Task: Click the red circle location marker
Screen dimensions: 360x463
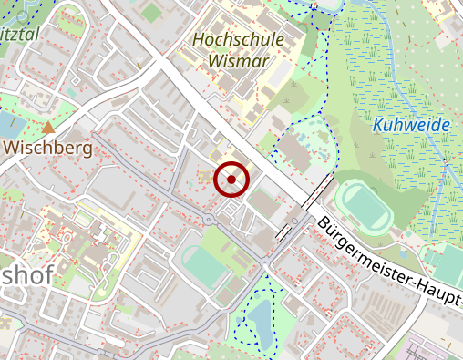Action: pyautogui.click(x=231, y=180)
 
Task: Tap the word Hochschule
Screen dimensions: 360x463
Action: pyautogui.click(x=239, y=41)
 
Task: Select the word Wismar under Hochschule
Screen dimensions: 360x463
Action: pyautogui.click(x=239, y=61)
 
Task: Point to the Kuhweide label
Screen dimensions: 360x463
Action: pyautogui.click(x=411, y=125)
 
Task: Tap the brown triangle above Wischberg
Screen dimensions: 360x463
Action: pyautogui.click(x=47, y=127)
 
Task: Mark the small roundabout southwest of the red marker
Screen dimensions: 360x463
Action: pyautogui.click(x=211, y=220)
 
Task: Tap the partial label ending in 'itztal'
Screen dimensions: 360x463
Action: pyautogui.click(x=22, y=34)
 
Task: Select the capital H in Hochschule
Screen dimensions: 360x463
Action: pyautogui.click(x=200, y=41)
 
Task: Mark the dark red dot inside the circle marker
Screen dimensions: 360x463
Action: pyautogui.click(x=231, y=180)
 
